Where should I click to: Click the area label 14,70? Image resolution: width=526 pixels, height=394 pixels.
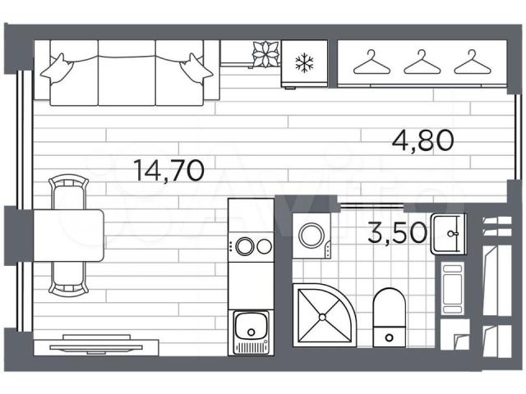click(x=168, y=170)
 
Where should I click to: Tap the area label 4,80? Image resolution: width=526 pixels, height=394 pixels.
click(x=423, y=140)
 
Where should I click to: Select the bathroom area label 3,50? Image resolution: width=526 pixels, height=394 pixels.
click(x=398, y=233)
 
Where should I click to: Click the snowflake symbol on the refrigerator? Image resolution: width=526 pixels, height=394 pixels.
click(x=304, y=62)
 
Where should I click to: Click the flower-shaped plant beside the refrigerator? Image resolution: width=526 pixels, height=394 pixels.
click(x=265, y=53)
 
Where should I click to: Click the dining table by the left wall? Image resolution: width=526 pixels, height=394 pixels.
click(x=69, y=236)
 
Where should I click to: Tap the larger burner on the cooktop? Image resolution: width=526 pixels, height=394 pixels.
click(x=245, y=246)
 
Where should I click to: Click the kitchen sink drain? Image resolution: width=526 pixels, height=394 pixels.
click(x=251, y=332)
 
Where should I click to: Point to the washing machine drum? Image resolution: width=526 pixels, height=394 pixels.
click(x=311, y=235)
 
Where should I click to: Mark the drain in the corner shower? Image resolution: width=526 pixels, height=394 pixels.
click(x=322, y=317)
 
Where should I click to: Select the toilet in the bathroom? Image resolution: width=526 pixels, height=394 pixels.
click(x=389, y=317)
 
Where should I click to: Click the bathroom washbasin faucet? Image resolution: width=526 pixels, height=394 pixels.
click(x=454, y=233)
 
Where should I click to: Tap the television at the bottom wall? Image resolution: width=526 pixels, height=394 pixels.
click(x=96, y=345)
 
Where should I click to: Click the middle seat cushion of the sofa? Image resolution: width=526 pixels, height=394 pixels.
click(x=127, y=73)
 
